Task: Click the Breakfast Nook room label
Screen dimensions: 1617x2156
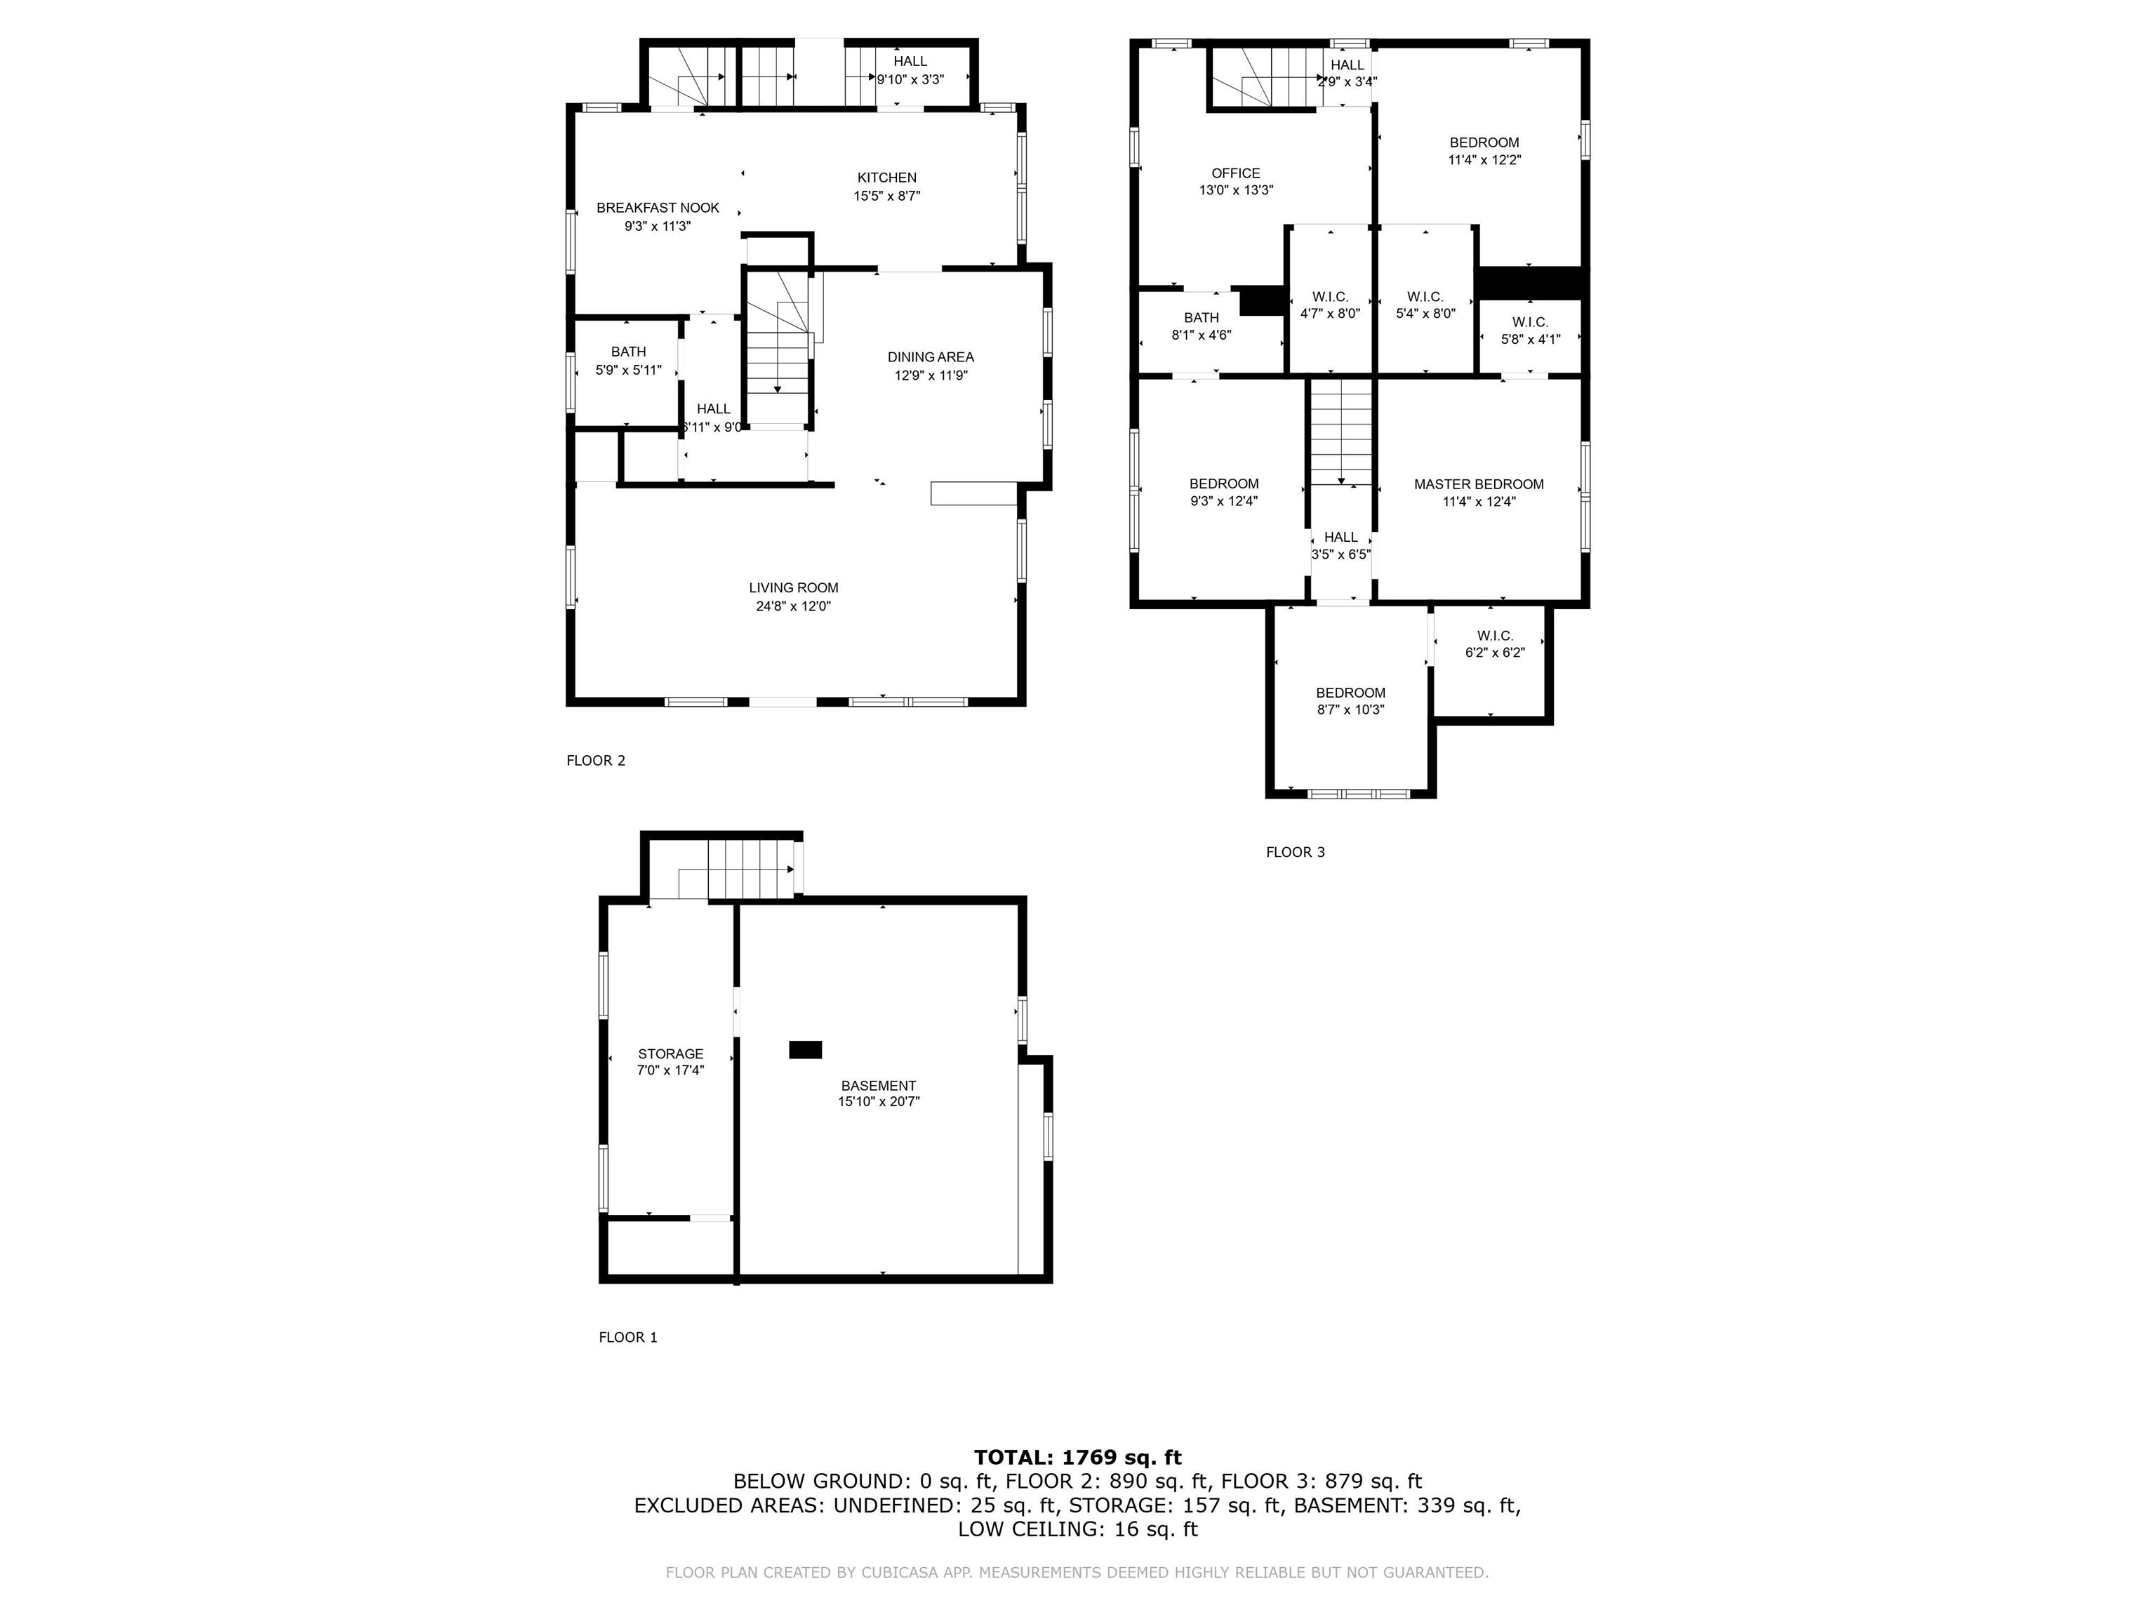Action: coord(657,208)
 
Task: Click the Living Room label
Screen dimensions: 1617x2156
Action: coord(792,587)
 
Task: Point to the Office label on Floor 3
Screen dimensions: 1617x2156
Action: coord(1235,173)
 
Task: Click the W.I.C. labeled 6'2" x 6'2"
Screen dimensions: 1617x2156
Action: coord(1493,644)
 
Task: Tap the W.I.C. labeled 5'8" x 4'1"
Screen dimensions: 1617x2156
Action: coord(1529,331)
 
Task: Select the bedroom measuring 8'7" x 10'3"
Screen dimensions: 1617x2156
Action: coord(1349,702)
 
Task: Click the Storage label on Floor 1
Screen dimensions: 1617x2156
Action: coord(670,1053)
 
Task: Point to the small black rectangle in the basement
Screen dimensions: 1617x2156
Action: coord(804,1050)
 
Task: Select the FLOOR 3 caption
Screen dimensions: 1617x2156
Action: coord(1294,853)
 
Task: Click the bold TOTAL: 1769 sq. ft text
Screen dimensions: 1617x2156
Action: coord(1077,1457)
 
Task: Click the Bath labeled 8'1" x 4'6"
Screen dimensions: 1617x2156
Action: coord(1200,326)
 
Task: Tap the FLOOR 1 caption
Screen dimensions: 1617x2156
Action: coord(627,1337)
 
